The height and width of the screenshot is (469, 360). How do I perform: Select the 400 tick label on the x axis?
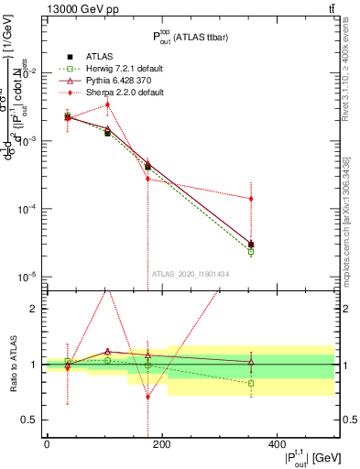[x=278, y=445]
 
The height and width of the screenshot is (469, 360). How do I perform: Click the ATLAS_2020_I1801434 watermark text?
[x=190, y=273]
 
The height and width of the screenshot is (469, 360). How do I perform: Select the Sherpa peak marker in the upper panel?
[x=107, y=104]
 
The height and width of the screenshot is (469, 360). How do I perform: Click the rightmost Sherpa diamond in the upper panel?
[x=251, y=199]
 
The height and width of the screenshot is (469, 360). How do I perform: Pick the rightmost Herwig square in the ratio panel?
[x=251, y=383]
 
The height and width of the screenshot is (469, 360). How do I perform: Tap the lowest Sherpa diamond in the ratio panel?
[x=148, y=397]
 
